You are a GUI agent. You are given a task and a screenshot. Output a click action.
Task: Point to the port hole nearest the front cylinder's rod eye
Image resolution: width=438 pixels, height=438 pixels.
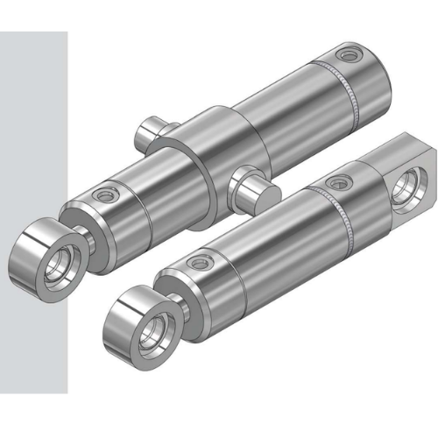[204, 260]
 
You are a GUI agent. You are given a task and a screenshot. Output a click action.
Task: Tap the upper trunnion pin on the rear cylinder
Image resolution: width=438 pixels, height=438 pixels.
[151, 131]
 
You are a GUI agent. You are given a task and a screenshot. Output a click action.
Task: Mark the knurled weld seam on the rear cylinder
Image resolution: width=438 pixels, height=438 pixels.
[350, 96]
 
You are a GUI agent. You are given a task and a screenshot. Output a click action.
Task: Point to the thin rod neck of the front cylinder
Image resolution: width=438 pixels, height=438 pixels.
[176, 302]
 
